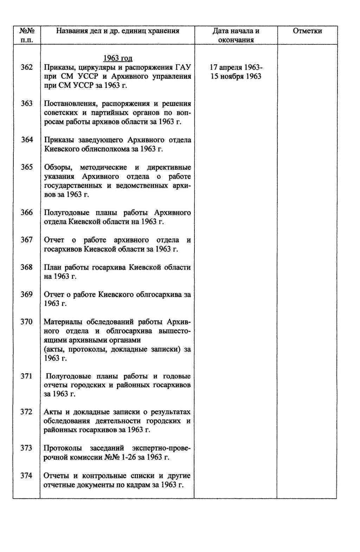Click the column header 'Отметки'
307,31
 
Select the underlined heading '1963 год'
118,58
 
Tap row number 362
27,67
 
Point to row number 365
27,167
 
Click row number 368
27,267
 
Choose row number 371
27,376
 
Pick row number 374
27,475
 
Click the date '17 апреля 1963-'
236,67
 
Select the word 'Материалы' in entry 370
63,322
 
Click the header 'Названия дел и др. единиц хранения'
118,31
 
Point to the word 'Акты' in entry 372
53,412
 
